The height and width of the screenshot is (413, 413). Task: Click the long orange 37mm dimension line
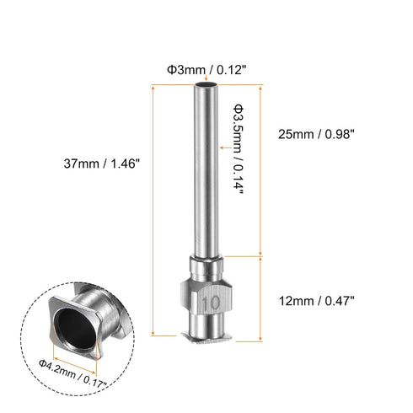[x=153, y=211]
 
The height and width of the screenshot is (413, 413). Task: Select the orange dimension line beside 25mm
[x=262, y=169]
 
